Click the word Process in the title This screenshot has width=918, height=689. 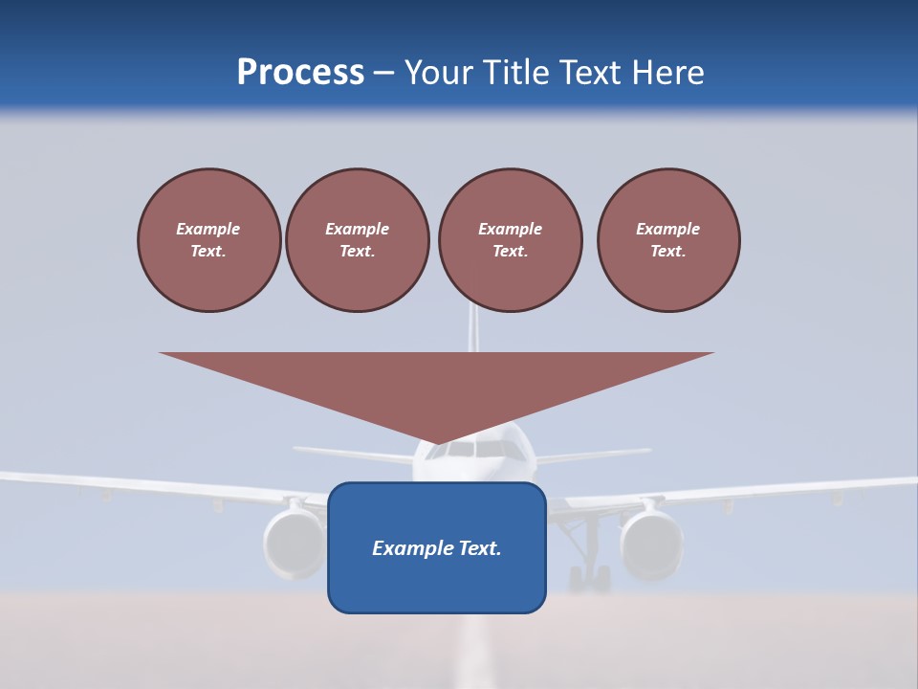click(300, 73)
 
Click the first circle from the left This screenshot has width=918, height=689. click(208, 240)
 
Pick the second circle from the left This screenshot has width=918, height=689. click(357, 240)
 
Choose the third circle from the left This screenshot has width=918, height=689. click(510, 240)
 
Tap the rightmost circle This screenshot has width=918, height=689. click(667, 240)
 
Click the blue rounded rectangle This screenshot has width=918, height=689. click(436, 584)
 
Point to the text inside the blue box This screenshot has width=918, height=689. click(436, 548)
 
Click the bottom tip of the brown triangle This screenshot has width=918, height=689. click(437, 442)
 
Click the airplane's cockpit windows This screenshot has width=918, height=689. click(477, 449)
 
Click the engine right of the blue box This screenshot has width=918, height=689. click(651, 544)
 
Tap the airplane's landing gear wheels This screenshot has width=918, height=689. click(589, 578)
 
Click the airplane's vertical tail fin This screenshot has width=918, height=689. click(472, 328)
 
